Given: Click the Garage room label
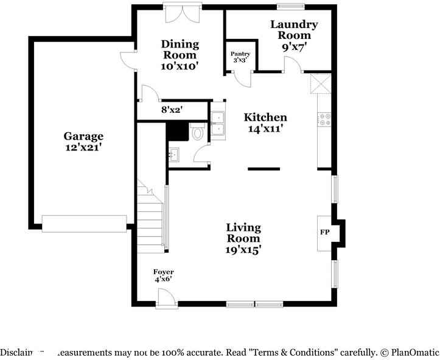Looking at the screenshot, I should tap(84, 136).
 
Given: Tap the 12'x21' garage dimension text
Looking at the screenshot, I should tap(84, 147).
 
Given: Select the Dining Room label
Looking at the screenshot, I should tap(180, 49).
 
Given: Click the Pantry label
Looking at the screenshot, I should tap(240, 54).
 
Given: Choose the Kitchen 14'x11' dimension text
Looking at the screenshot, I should tap(265, 129).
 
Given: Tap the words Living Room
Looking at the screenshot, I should tap(243, 233).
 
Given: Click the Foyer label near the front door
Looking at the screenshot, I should tap(163, 272).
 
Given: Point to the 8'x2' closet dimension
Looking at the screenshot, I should tap(172, 110).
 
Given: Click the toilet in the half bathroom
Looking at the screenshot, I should tap(198, 132).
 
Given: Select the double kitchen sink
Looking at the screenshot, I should tap(218, 123).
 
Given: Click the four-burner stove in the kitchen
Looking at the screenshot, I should tap(324, 119).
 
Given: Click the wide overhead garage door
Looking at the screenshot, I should tap(84, 223).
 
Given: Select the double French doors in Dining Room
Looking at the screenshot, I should tap(182, 13).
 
